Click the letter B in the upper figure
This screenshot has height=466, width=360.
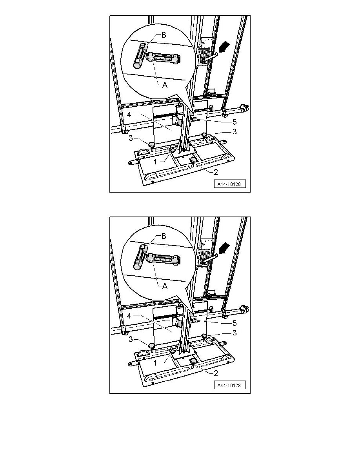coord(164,35)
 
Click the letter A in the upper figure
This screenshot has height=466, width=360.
coord(165,85)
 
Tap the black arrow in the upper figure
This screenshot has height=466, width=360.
coord(224,47)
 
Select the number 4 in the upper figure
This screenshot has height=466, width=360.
coord(129,115)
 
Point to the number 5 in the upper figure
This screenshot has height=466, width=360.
coord(235,122)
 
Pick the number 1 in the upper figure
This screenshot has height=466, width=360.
coord(155,162)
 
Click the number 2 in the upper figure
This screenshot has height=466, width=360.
coord(216,172)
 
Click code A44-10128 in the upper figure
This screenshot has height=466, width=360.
coord(229,184)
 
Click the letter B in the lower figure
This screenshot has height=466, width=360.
coord(164,236)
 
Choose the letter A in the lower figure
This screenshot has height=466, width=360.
coord(165,286)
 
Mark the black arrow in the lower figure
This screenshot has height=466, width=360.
coord(224,248)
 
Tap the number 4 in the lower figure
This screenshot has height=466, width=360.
coord(129,316)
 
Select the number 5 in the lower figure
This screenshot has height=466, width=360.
coord(235,323)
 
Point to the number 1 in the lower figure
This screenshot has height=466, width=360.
coord(155,363)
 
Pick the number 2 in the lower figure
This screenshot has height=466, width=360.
coord(216,373)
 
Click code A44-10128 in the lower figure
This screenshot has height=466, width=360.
coord(229,385)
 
